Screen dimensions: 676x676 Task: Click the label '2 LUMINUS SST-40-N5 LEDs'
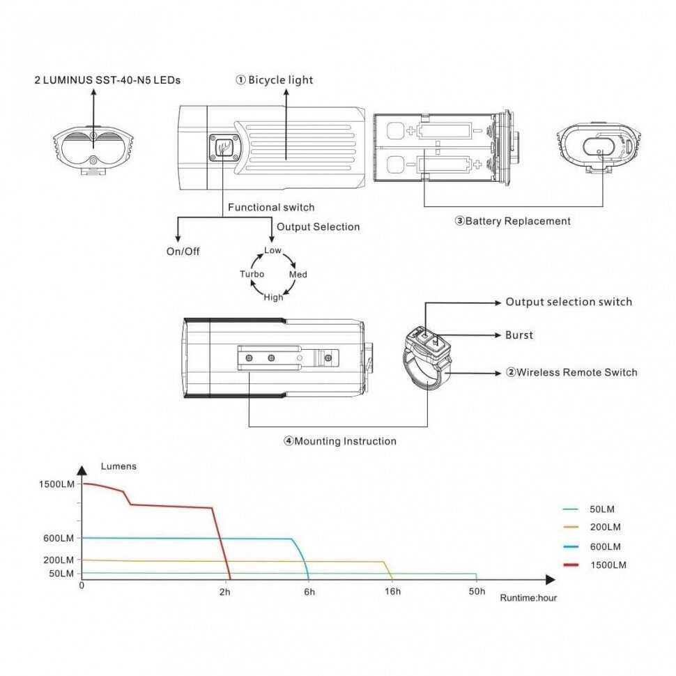click(107, 80)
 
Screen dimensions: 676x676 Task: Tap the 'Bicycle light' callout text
click(275, 80)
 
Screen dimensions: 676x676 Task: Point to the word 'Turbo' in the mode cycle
click(252, 275)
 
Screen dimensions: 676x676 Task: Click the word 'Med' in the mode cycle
click(298, 275)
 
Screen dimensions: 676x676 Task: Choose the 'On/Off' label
click(183, 252)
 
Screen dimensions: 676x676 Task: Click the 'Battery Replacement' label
click(513, 222)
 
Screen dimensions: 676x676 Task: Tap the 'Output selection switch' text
click(569, 302)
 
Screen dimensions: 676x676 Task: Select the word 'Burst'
click(519, 335)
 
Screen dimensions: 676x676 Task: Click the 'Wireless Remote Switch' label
click(571, 373)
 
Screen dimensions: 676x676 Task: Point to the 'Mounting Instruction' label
click(340, 441)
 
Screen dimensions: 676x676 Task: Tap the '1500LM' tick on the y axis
click(56, 484)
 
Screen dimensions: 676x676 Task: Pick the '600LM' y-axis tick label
click(58, 538)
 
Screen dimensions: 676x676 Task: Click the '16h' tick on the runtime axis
click(392, 592)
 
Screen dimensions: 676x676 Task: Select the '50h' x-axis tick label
click(477, 592)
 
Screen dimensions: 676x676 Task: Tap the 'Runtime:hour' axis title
click(528, 598)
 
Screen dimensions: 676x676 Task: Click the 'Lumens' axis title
click(118, 466)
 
